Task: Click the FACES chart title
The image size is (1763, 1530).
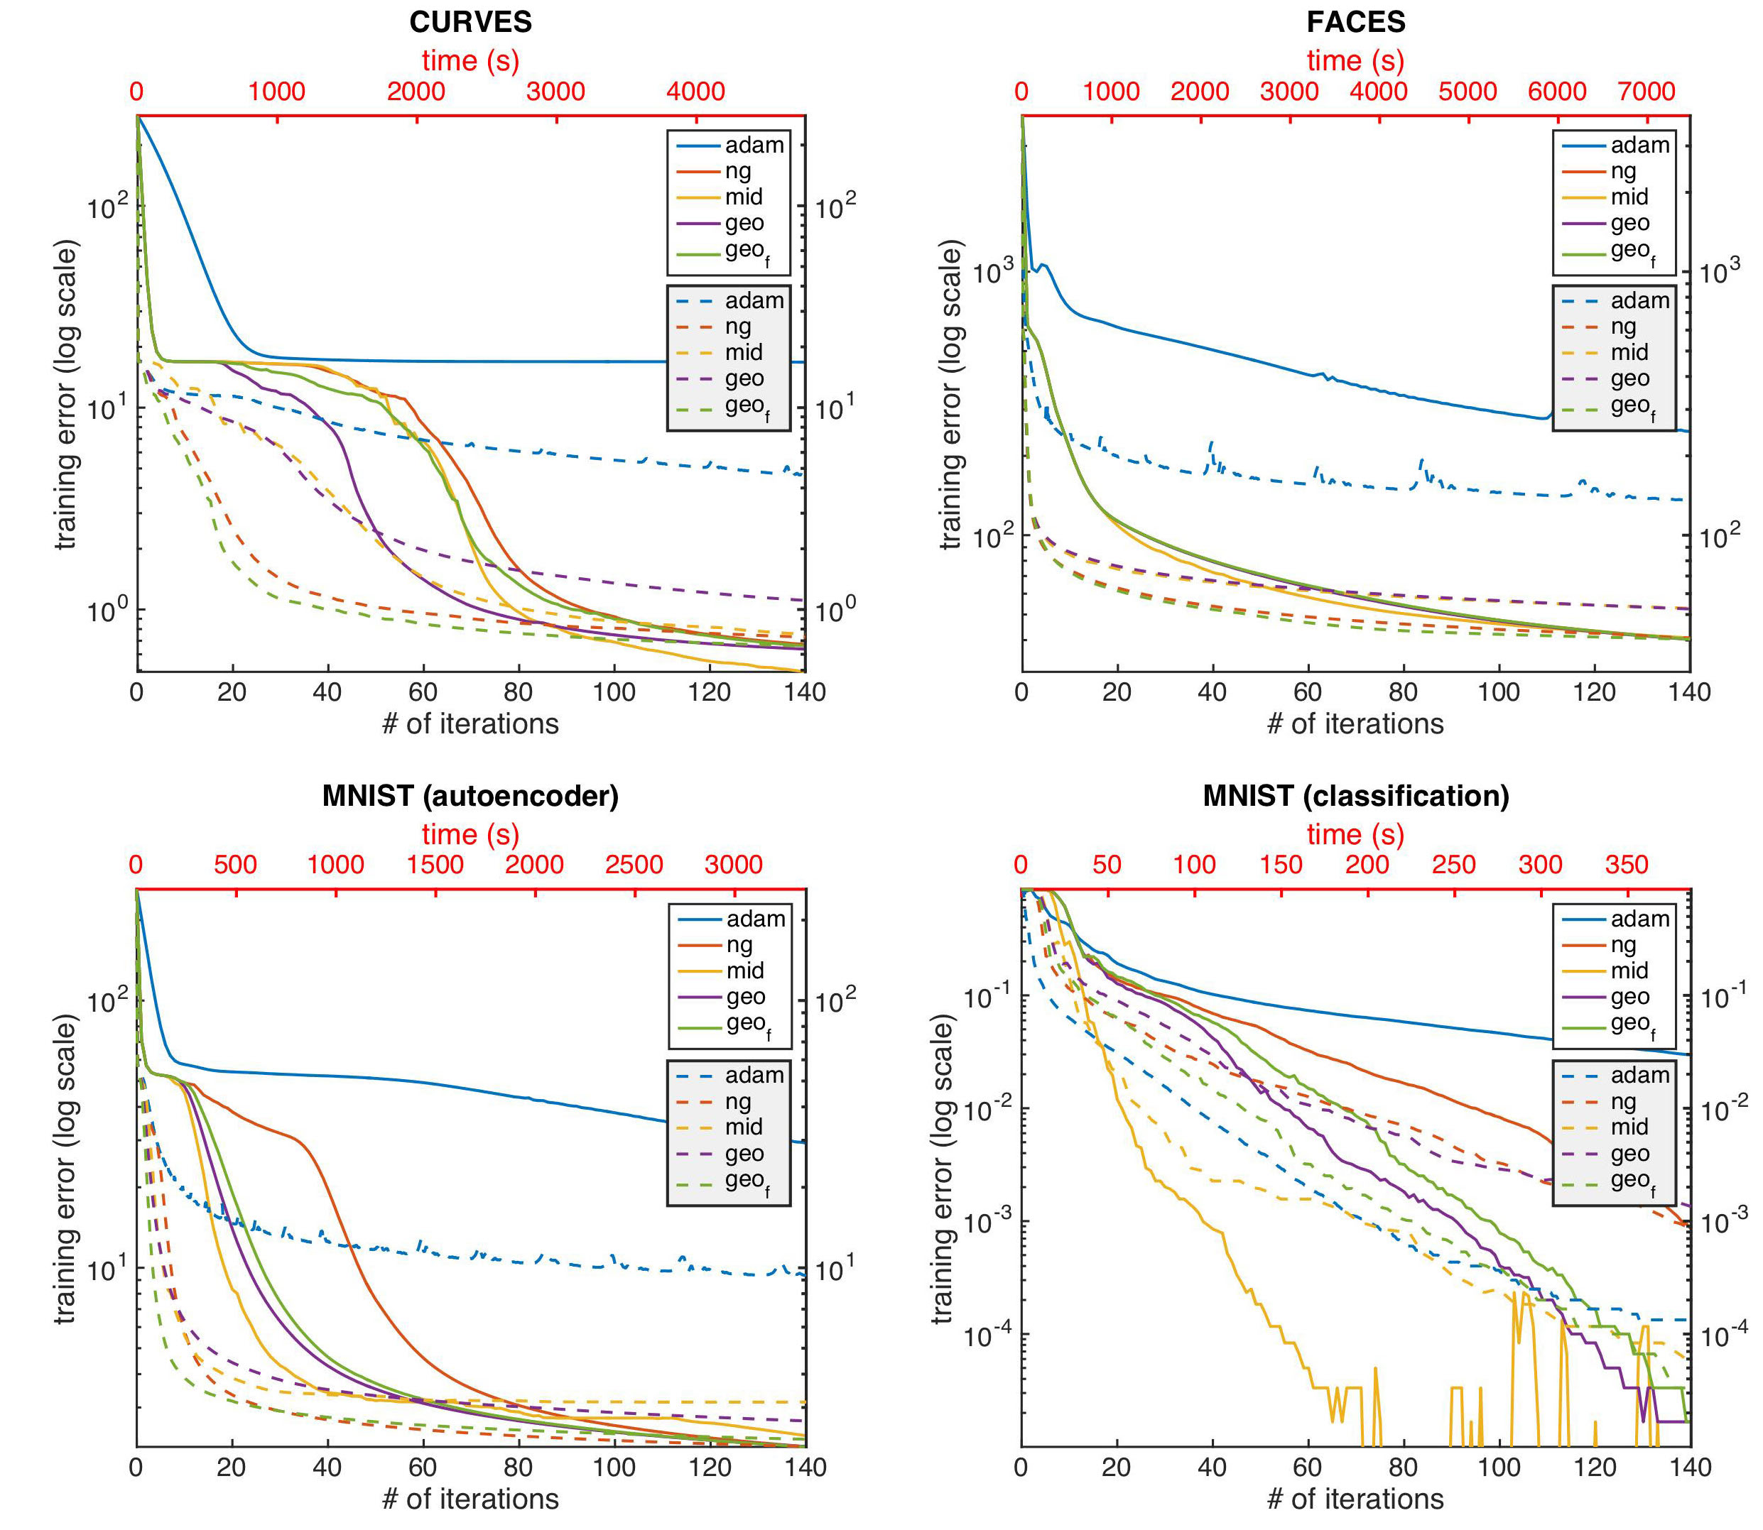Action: pos(1355,22)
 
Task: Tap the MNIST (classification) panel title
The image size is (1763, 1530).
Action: pos(1355,796)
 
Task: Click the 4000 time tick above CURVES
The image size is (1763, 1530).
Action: pos(695,92)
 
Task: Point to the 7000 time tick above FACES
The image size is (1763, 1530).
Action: pos(1646,92)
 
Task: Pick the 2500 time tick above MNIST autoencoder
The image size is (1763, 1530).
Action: pos(634,865)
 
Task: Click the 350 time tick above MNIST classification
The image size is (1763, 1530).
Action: pos(1627,865)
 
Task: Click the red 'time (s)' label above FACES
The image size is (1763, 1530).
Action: pos(1355,60)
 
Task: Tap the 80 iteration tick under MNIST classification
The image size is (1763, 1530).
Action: pos(1404,1468)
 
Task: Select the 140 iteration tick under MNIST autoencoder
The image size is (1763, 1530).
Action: pos(805,1468)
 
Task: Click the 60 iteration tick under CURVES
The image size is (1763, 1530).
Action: pos(423,692)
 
